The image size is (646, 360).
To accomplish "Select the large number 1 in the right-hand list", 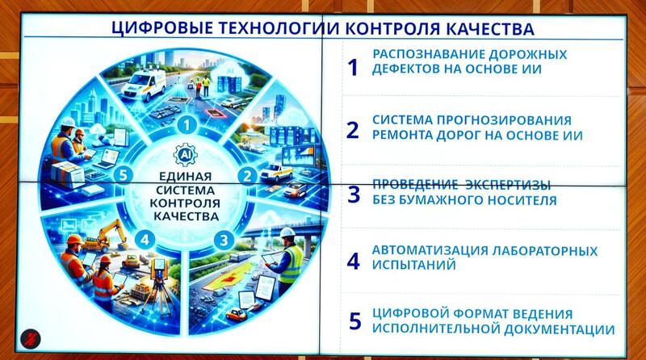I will click(x=352, y=67).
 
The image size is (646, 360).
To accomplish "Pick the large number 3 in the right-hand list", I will click(x=353, y=195).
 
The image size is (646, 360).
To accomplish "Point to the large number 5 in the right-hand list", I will click(x=354, y=320).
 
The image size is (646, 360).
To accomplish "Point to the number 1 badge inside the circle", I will click(x=187, y=123).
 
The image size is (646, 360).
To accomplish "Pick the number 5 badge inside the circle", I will click(x=123, y=175).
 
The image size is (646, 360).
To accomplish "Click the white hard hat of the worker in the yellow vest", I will click(x=287, y=232).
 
